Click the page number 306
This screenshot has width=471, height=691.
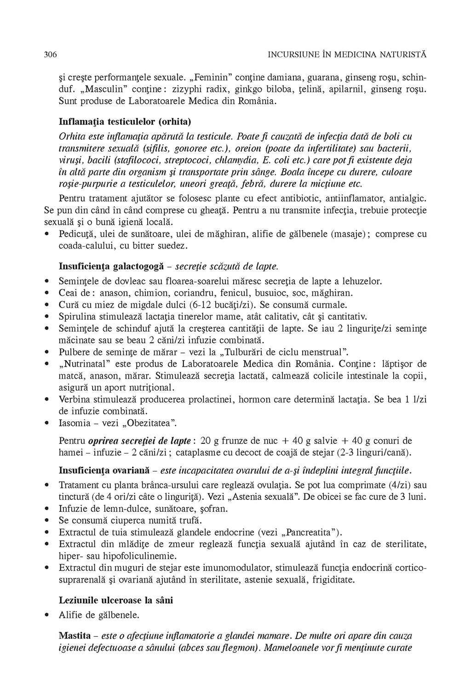[x=50, y=55]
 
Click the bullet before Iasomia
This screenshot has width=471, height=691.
[x=46, y=423]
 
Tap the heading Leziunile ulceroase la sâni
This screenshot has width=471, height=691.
[x=116, y=600]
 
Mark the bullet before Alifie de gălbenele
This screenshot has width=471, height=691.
[x=46, y=615]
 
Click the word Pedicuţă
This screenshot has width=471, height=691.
[x=77, y=234]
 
